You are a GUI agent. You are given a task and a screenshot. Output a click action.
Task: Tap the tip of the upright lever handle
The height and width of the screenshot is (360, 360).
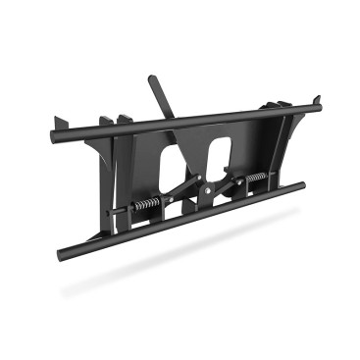click(x=153, y=79)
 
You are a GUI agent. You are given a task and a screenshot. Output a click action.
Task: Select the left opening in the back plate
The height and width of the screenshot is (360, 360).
click(x=170, y=163)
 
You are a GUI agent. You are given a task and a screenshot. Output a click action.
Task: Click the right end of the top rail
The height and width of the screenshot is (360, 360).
click(x=318, y=99)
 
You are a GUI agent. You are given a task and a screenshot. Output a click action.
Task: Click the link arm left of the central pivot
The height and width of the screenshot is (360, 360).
click(x=181, y=193)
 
